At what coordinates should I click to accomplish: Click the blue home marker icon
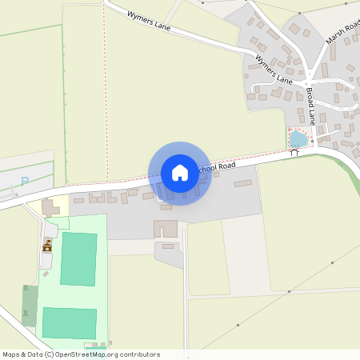tap(179, 173)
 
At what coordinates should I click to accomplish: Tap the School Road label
tap(216, 169)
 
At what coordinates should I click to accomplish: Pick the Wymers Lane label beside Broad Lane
tap(274, 69)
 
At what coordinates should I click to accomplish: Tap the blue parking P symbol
tap(24, 182)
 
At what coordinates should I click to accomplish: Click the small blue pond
tap(298, 139)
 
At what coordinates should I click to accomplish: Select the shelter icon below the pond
tap(294, 153)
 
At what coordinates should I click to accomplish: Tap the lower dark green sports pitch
tap(69, 322)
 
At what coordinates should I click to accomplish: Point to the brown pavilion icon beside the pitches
tap(48, 246)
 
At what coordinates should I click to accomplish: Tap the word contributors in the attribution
tap(138, 354)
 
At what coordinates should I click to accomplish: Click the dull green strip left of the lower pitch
tap(30, 305)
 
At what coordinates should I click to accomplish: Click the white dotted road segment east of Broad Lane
tap(328, 81)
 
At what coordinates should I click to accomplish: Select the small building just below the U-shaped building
tap(168, 246)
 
